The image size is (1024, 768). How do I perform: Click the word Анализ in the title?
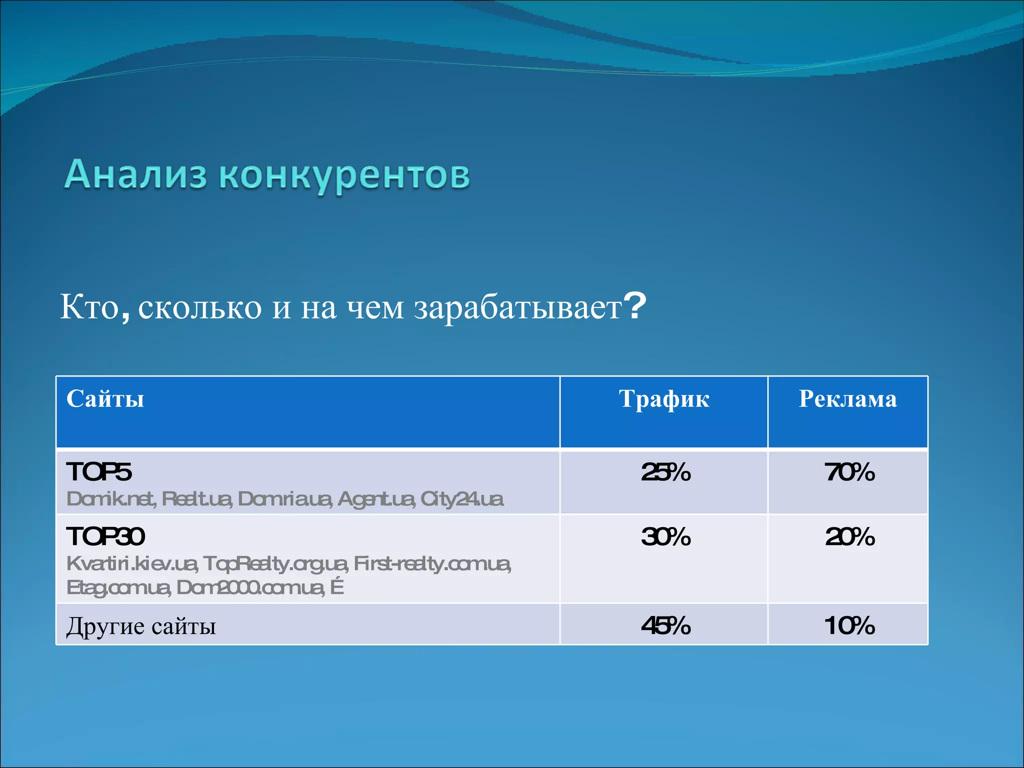tap(135, 175)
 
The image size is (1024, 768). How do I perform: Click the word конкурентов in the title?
tap(344, 176)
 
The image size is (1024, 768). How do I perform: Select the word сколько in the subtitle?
tap(199, 307)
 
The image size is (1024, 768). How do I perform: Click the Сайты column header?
tap(105, 399)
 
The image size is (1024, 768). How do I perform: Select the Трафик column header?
tap(663, 399)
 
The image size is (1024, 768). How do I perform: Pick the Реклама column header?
tap(847, 399)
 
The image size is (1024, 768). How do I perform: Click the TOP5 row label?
tap(99, 472)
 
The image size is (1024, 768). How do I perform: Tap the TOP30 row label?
tap(105, 536)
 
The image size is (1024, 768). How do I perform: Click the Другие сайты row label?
tap(141, 626)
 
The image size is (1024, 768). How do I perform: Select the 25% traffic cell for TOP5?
tap(665, 472)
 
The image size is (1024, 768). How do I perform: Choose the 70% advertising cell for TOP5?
tap(849, 472)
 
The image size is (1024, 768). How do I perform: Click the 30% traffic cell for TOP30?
tap(665, 537)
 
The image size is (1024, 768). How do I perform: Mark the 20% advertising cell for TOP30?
tap(849, 537)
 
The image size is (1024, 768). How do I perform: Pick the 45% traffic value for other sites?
tap(665, 625)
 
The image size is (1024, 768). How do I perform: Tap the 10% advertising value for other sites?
tap(849, 625)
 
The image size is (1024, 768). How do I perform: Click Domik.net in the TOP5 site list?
tap(111, 499)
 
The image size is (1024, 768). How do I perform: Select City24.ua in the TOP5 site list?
tap(462, 499)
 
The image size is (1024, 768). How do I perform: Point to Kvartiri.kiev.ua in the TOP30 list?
tap(132, 564)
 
